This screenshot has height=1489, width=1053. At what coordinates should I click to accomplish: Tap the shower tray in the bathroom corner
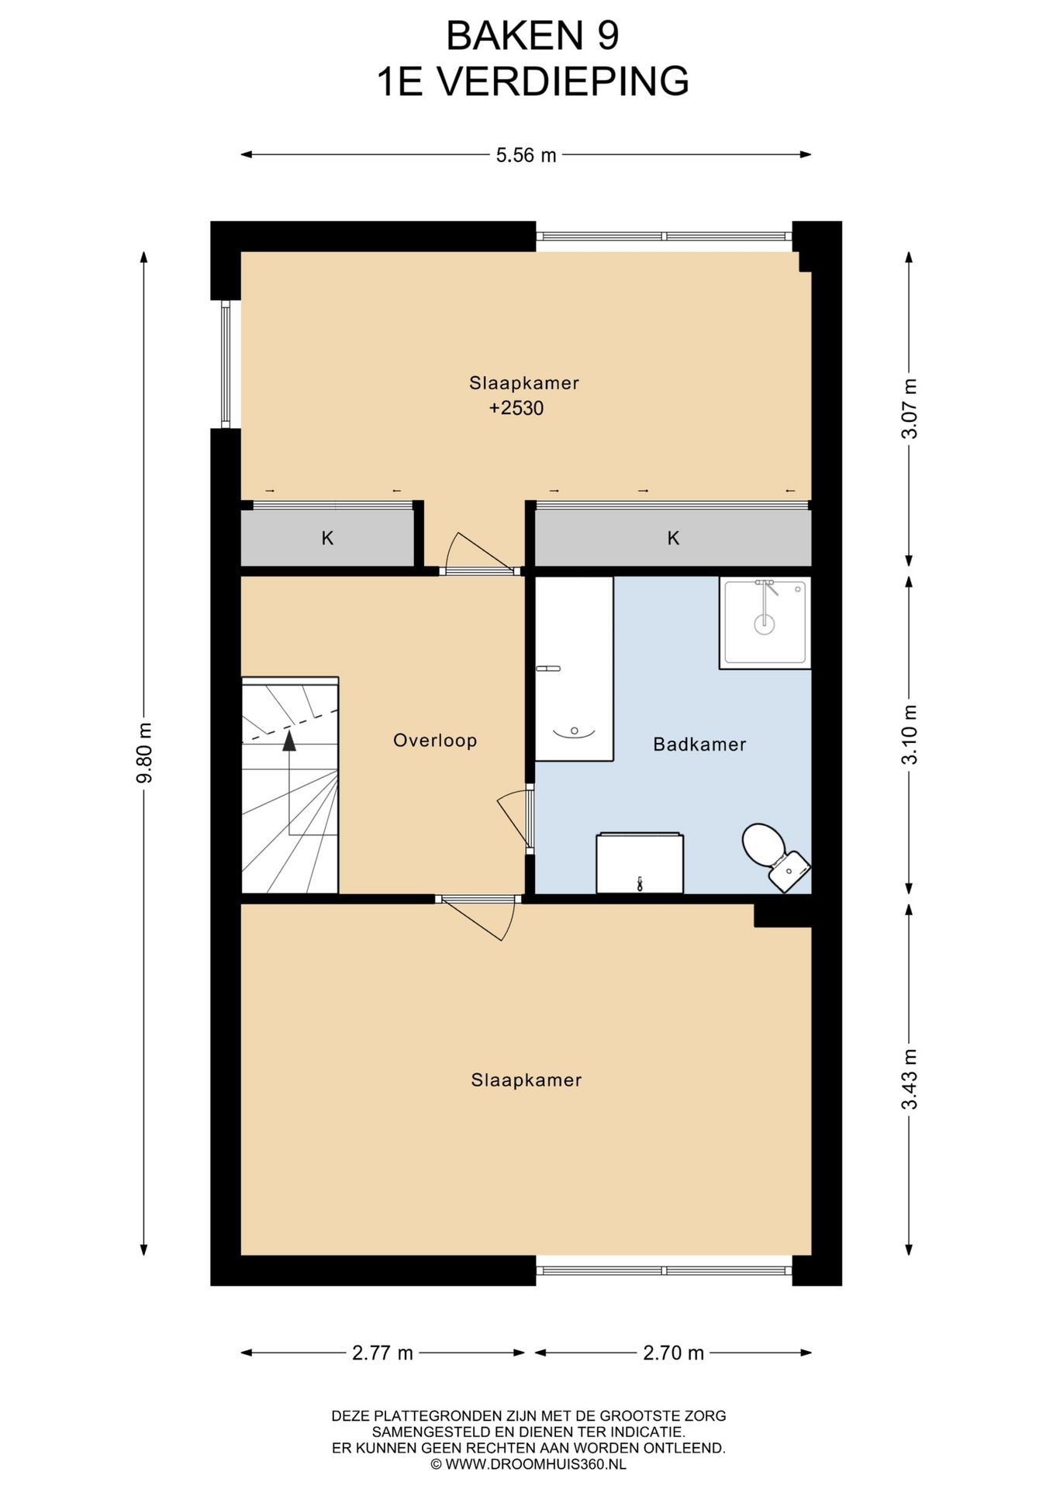tap(765, 622)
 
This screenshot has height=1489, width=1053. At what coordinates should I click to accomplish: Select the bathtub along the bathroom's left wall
tap(574, 668)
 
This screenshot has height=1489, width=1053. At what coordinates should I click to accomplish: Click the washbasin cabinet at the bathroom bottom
tap(640, 863)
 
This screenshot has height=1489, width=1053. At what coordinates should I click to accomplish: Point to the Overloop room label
tap(435, 741)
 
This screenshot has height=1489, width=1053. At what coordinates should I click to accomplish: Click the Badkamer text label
tap(699, 744)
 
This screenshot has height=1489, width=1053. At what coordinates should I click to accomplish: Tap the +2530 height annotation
tap(516, 408)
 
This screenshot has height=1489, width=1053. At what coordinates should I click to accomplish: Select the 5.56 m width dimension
tap(526, 155)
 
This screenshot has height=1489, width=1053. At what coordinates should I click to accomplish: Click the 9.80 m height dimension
tap(144, 752)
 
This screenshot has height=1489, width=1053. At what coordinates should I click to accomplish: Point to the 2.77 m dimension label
tap(383, 1353)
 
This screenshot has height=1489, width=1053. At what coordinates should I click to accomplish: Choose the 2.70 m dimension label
tap(674, 1353)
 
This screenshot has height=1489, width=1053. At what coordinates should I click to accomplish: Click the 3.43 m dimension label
tap(910, 1079)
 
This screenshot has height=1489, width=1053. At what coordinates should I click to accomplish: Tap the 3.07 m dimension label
tap(910, 409)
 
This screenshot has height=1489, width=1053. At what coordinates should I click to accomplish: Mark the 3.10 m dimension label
tap(910, 734)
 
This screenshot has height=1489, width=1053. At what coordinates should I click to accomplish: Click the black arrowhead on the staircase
tap(289, 741)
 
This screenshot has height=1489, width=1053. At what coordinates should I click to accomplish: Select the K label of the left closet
tap(328, 538)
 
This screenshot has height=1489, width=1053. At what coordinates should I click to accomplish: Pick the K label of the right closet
tap(673, 538)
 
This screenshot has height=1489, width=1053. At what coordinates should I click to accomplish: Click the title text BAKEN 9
tap(533, 35)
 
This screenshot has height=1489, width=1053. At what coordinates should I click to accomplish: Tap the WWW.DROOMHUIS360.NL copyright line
tap(529, 1464)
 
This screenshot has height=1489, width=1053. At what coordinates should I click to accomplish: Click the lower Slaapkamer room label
tap(526, 1080)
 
